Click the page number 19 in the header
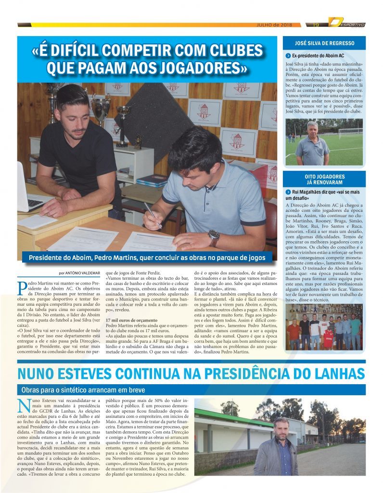click(316, 25)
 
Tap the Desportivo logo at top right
click(347, 23)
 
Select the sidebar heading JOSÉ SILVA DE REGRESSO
click(324, 43)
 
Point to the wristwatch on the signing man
click(214, 237)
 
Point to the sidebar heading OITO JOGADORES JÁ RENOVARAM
click(324, 180)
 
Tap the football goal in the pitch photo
click(350, 132)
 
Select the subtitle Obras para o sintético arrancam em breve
click(83, 389)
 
